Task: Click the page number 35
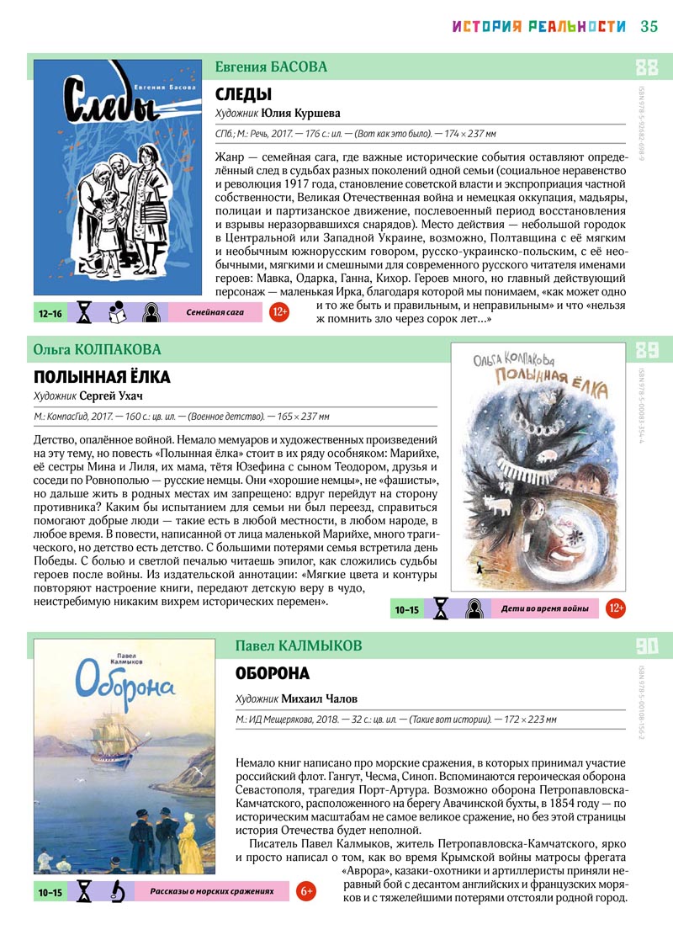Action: coord(649,26)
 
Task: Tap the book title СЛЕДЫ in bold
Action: coord(244,94)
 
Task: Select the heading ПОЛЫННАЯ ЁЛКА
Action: coord(102,376)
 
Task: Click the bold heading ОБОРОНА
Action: coord(273,673)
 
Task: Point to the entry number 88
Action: coord(647,67)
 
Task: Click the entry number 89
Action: coord(647,350)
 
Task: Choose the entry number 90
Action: coord(647,646)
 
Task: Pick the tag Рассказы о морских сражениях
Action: coord(212,890)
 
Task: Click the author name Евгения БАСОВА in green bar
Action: coord(271,66)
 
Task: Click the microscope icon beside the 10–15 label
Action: coord(119,890)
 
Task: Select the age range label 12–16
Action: coord(50,313)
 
